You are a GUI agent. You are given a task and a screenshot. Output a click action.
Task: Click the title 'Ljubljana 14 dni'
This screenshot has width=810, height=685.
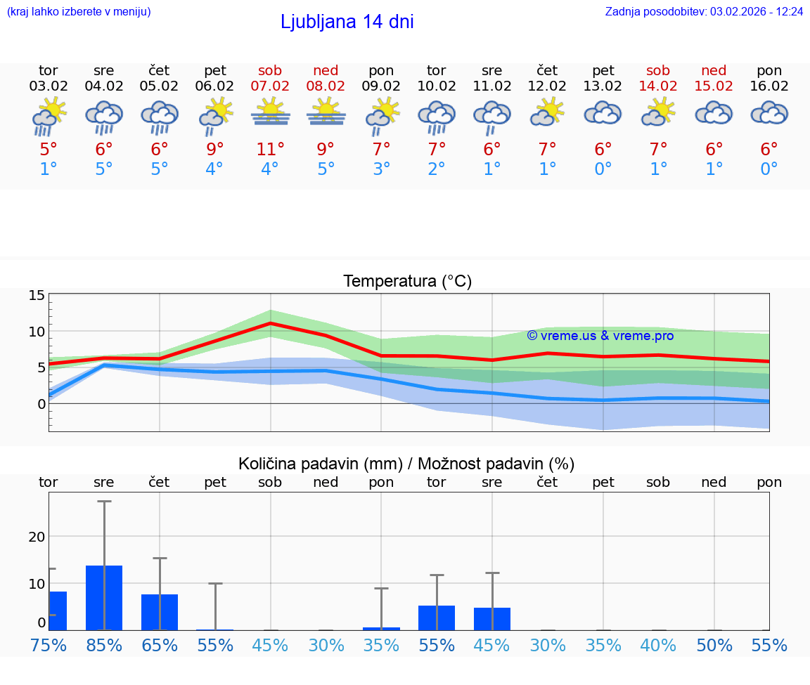click(347, 22)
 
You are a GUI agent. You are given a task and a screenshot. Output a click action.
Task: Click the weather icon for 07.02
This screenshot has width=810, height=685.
click(270, 113)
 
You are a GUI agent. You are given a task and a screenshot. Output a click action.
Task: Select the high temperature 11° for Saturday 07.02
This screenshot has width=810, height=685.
click(270, 149)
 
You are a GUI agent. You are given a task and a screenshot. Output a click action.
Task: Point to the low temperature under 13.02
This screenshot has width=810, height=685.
click(603, 169)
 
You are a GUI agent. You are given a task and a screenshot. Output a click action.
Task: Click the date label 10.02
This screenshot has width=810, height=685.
click(436, 86)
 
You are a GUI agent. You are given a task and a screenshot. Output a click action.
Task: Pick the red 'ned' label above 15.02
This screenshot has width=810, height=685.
click(714, 70)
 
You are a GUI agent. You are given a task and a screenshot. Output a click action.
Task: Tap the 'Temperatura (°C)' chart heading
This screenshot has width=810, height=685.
click(407, 281)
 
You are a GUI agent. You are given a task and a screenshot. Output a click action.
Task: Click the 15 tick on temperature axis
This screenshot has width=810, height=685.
click(37, 295)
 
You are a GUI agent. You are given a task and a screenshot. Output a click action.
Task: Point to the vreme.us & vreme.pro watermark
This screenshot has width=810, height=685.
click(600, 336)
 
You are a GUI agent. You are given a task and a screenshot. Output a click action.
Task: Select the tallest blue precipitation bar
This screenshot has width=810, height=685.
click(104, 597)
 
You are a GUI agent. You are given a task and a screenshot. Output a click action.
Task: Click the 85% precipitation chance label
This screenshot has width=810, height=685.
click(104, 645)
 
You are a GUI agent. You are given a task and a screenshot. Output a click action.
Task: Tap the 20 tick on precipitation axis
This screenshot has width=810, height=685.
click(37, 537)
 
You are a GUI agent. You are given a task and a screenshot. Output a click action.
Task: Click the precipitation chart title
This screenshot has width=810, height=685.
click(406, 464)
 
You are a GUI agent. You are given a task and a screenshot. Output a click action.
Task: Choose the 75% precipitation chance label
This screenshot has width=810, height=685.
click(49, 645)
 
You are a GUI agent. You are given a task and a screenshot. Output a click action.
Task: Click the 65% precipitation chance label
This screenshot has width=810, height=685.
click(160, 645)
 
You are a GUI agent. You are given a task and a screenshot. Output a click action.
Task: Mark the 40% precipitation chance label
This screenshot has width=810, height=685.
click(658, 645)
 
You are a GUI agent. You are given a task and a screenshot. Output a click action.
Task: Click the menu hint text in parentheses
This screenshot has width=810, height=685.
click(79, 11)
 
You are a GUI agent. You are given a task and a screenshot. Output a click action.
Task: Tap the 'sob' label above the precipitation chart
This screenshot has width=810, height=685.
click(270, 483)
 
